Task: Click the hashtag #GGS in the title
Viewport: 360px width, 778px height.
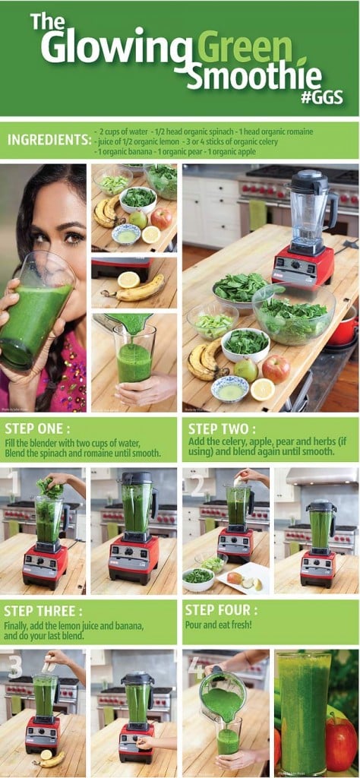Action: (321, 98)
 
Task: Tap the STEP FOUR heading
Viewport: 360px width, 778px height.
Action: (220, 610)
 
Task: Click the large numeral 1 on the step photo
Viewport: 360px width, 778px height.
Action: (13, 482)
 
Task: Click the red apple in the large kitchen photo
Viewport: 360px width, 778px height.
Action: (276, 368)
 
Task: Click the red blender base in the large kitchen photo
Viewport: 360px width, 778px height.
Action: (303, 265)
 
